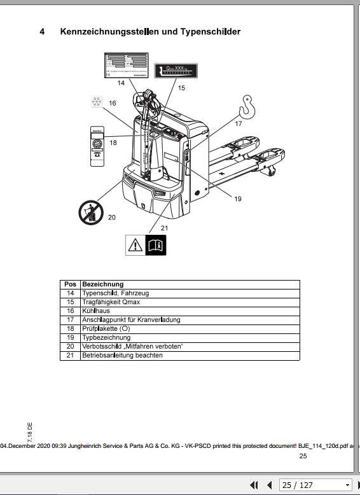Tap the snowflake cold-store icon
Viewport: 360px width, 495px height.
click(97, 102)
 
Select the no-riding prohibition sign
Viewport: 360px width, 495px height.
click(91, 212)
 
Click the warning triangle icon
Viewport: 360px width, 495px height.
click(135, 245)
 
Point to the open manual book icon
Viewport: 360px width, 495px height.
click(155, 245)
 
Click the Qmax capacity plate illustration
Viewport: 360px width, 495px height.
click(177, 69)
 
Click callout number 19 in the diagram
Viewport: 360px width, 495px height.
click(237, 199)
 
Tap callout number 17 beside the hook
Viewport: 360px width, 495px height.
click(238, 124)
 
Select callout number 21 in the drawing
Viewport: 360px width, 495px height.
click(164, 227)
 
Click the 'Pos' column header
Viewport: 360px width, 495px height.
click(70, 284)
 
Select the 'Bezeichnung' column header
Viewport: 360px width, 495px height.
click(102, 284)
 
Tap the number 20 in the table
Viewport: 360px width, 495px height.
click(70, 346)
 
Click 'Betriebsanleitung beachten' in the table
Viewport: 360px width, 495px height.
click(122, 355)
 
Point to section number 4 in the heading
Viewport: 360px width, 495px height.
click(42, 31)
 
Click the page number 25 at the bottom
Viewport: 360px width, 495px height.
click(303, 456)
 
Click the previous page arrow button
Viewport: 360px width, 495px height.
click(269, 485)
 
